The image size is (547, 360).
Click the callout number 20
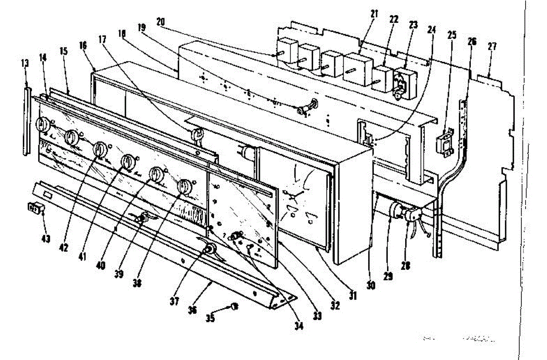(x=160, y=21)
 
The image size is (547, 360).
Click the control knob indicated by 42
(x=42, y=123)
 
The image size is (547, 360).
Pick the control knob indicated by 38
(x=185, y=186)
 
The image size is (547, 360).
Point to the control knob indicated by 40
(x=128, y=161)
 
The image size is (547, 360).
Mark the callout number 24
(x=431, y=31)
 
